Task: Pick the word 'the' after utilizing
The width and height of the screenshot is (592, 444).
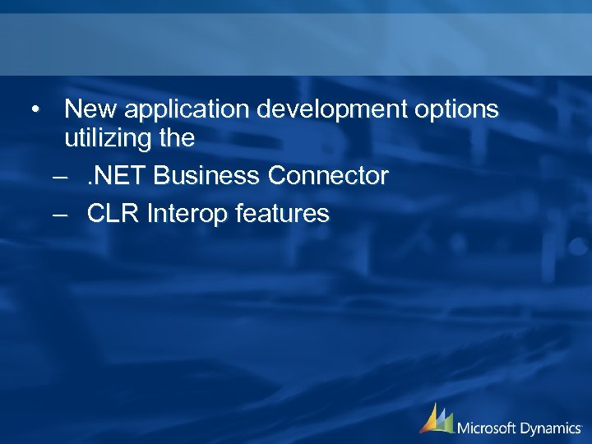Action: [178, 138]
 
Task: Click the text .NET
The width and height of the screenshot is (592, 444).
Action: [116, 175]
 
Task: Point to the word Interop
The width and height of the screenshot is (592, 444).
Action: [187, 215]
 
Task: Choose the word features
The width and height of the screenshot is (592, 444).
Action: [282, 214]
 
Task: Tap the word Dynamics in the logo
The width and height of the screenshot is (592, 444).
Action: [553, 428]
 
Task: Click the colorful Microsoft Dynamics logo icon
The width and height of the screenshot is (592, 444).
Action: [436, 419]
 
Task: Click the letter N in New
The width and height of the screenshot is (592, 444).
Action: [72, 109]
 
